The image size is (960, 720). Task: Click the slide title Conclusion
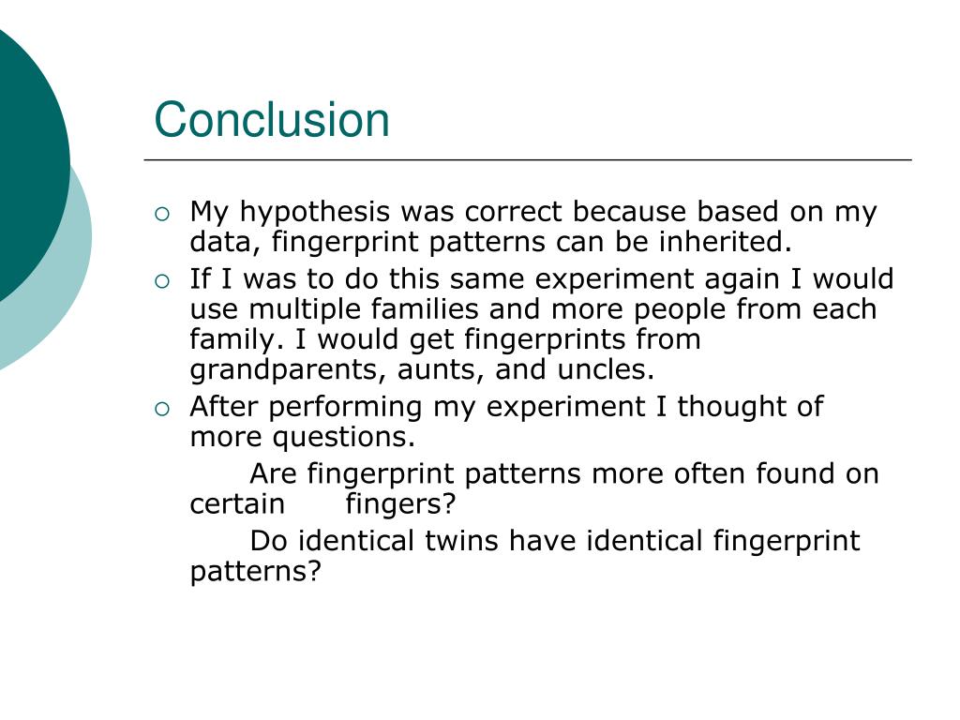coord(272,120)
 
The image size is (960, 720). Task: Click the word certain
coord(237,504)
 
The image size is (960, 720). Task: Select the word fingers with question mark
coord(400,505)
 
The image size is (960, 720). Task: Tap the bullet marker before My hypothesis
coord(163,214)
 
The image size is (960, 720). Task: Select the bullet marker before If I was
coord(163,280)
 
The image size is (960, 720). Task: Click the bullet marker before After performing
coord(163,408)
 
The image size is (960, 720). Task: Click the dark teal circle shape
coord(23,159)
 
